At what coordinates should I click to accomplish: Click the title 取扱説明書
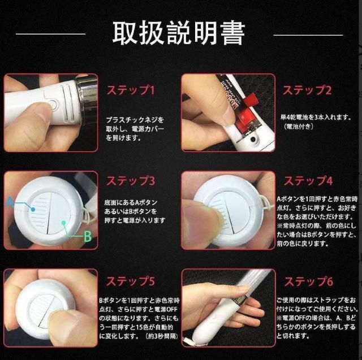pos(179,33)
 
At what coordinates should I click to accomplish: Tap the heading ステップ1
pos(131,90)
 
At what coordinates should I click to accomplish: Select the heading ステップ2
pos(307,90)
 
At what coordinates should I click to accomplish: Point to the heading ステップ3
pos(131,181)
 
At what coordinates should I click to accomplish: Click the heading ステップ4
pos(308,181)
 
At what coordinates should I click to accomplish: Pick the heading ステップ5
pos(131,281)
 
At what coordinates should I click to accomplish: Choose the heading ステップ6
pos(309,281)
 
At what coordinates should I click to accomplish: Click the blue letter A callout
pos(10,202)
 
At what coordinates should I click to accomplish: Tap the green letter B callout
pos(88,236)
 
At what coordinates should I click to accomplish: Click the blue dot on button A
pos(33,210)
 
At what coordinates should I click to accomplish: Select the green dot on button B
pos(64,223)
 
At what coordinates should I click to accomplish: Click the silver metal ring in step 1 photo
pos(87,99)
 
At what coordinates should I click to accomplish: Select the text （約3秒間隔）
pos(162,336)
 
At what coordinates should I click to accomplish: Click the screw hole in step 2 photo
pos(253,140)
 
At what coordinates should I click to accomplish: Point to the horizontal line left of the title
pos(50,34)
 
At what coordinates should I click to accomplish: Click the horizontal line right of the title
pos(308,35)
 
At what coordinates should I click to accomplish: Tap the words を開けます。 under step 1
pos(123,138)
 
